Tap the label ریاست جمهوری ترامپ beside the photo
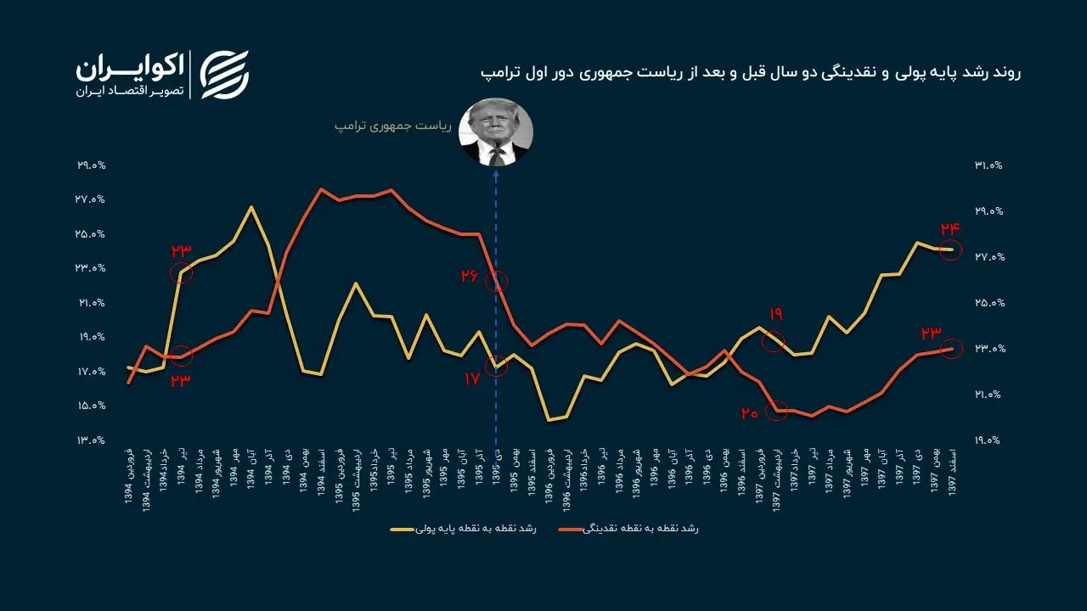pyautogui.click(x=390, y=126)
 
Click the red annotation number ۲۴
pyautogui.click(x=949, y=228)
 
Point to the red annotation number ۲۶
pyautogui.click(x=470, y=276)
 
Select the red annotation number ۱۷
pyautogui.click(x=472, y=379)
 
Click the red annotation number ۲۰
pyautogui.click(x=748, y=413)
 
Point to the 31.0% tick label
pyautogui.click(x=988, y=165)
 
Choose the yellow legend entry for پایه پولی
pyautogui.click(x=464, y=529)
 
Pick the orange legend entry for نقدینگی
pyautogui.click(x=628, y=529)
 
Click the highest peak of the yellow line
pyautogui.click(x=251, y=207)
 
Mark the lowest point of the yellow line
pyautogui.click(x=549, y=419)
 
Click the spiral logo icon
pyautogui.click(x=224, y=75)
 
